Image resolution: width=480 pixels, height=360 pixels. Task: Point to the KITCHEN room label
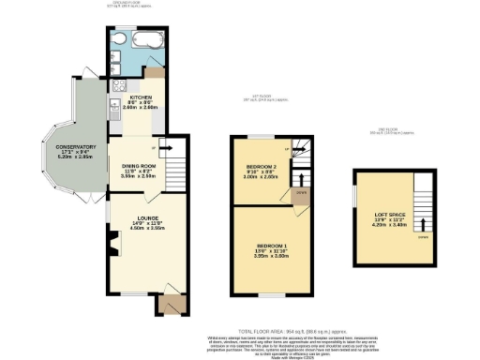(x=141, y=97)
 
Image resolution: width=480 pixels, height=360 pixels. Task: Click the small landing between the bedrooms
(x=300, y=193)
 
